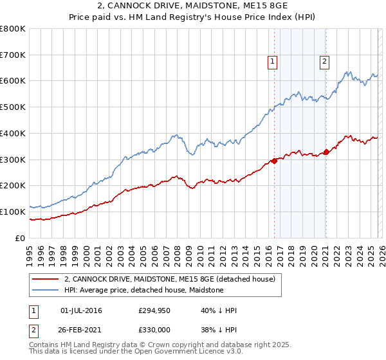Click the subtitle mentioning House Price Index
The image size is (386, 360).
coord(192,18)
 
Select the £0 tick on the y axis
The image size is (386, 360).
coord(20,238)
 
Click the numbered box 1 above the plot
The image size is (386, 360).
coord(273,62)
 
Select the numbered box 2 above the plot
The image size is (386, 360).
coord(324,62)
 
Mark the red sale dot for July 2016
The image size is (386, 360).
coord(274,161)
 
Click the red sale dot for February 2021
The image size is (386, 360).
coord(326,152)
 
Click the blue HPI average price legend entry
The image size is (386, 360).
coord(143,290)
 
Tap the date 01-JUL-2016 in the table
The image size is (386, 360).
coord(81,310)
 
